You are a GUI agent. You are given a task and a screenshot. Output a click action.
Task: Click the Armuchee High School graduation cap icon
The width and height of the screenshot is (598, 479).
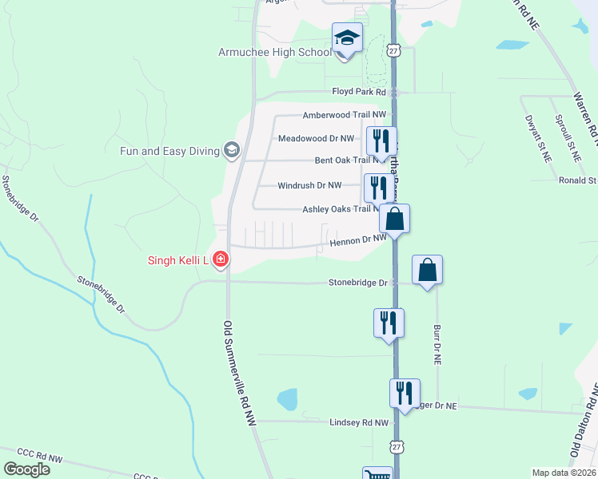click(347, 37)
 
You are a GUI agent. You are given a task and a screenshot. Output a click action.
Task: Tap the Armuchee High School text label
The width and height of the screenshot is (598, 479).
click(275, 53)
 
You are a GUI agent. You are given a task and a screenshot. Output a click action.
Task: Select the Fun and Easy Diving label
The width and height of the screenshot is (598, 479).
click(170, 150)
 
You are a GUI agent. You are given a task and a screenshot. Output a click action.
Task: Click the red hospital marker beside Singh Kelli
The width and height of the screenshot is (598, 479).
click(219, 259)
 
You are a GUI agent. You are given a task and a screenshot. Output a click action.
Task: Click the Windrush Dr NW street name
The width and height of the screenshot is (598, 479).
click(309, 185)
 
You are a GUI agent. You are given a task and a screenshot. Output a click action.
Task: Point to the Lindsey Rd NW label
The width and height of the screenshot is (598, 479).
click(359, 422)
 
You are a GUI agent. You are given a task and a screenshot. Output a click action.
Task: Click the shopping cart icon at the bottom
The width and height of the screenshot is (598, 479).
click(377, 473)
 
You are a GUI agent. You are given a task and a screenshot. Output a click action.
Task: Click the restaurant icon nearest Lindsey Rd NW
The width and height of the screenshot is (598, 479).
click(405, 392)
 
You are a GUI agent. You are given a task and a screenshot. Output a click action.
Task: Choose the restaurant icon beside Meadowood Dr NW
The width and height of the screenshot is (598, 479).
click(381, 141)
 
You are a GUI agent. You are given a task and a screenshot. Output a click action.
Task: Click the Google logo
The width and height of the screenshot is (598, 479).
click(26, 469)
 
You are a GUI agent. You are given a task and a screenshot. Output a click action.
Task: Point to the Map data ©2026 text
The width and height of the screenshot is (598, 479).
click(563, 473)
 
